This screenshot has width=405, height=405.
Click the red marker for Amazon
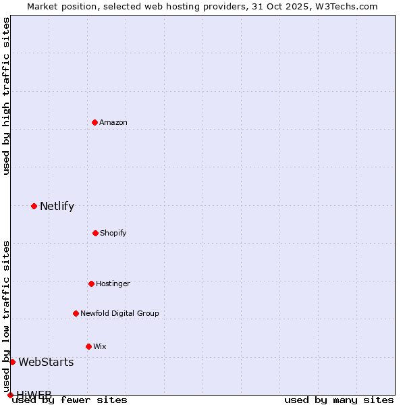(94, 122)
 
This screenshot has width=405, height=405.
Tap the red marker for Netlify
(34, 206)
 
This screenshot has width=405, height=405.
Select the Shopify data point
(95, 233)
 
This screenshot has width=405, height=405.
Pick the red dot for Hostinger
(91, 283)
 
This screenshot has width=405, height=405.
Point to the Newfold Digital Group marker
(76, 313)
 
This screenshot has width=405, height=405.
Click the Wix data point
(88, 346)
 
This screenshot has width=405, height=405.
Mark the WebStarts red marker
(12, 362)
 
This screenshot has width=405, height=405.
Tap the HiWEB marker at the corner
(10, 395)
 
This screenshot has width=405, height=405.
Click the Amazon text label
(113, 122)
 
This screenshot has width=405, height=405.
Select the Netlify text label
(57, 207)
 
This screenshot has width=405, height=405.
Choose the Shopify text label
(113, 233)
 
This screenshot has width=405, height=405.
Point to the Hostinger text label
(113, 283)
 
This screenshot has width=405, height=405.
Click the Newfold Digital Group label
(119, 313)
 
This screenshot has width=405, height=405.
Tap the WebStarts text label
(46, 362)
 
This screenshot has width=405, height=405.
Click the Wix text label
(100, 346)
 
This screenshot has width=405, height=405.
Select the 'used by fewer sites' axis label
(70, 400)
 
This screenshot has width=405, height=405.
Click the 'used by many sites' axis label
(339, 400)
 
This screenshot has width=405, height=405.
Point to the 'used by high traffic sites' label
(7, 96)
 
